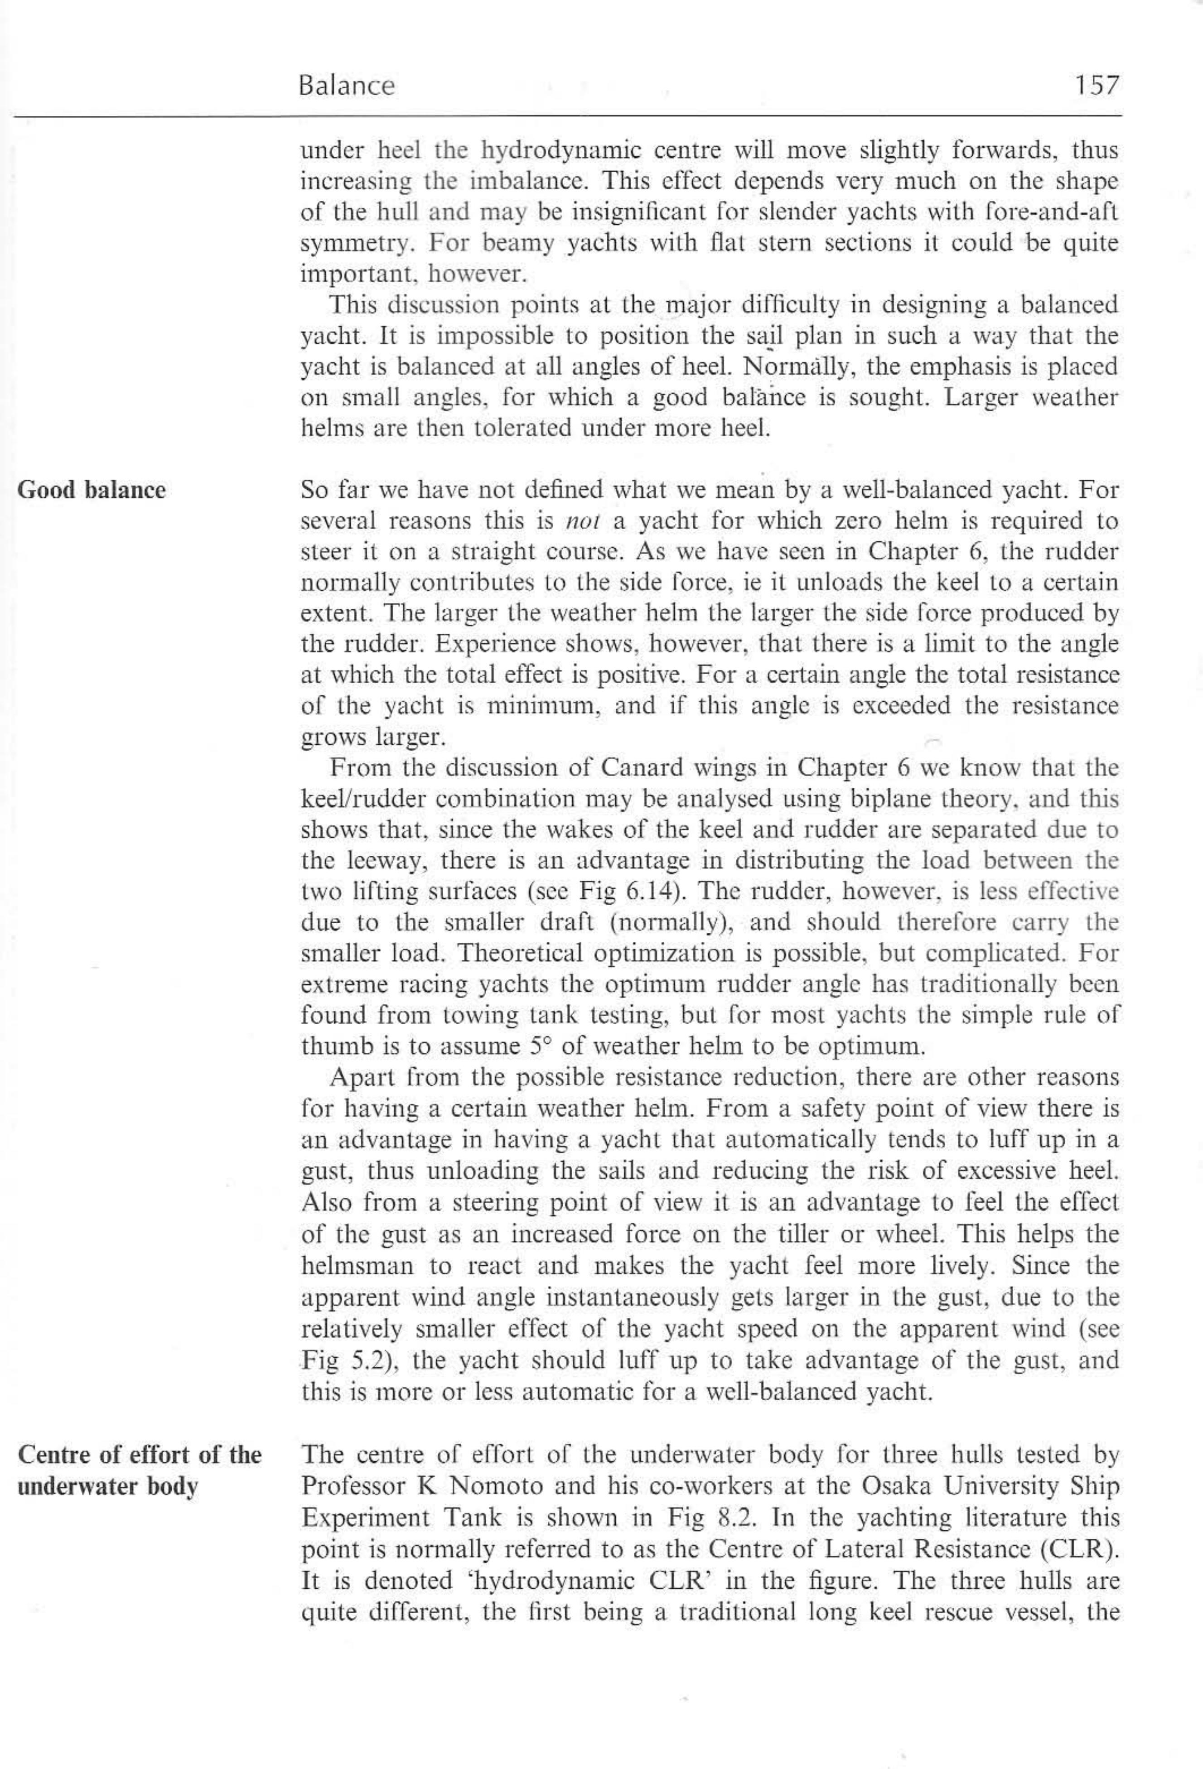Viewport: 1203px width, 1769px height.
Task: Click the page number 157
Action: tap(1097, 85)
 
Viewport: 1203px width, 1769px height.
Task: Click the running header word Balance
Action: tap(347, 85)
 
